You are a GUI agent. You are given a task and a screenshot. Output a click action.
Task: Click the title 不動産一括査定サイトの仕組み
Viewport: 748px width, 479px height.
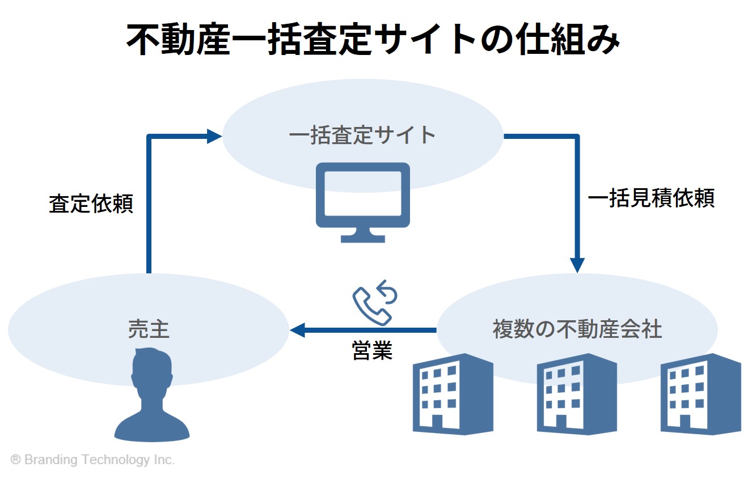tap(373, 39)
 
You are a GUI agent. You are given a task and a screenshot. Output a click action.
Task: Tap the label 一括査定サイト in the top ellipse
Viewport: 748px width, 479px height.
tap(362, 135)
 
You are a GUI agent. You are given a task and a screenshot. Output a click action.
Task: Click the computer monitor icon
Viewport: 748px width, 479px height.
tap(362, 202)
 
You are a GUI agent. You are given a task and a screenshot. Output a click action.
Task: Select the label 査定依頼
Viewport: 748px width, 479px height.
tap(91, 204)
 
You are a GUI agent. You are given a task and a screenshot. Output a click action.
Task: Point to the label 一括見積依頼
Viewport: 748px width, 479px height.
tap(651, 198)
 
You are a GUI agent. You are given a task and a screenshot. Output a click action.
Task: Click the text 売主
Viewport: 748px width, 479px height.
tap(149, 329)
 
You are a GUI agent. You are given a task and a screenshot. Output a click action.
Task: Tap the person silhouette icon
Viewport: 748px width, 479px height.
tap(152, 395)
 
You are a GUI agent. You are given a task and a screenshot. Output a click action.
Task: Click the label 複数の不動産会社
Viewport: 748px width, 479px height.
tap(577, 329)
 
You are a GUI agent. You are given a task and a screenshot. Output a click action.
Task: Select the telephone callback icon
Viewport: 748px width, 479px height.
tap(375, 303)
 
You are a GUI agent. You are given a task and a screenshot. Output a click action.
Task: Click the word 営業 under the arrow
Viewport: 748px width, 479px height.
tap(372, 351)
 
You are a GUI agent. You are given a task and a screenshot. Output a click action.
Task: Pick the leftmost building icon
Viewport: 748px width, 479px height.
tap(453, 394)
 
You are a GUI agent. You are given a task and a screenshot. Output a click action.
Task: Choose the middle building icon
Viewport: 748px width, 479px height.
tap(577, 394)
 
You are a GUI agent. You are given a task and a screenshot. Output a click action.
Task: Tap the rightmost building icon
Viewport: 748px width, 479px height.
tap(700, 394)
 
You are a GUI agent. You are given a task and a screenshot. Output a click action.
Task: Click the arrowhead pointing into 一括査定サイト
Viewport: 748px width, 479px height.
tap(214, 136)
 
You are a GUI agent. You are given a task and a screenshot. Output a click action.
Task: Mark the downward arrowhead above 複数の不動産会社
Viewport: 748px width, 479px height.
tap(577, 265)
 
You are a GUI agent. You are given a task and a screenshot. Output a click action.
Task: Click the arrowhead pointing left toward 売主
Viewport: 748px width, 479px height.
tap(297, 330)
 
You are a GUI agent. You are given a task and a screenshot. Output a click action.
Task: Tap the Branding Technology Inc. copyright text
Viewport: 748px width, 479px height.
tap(92, 460)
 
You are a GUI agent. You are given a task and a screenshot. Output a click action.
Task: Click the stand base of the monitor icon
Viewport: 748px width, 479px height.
tap(362, 239)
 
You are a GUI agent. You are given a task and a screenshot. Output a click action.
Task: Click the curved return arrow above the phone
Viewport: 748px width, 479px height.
tap(388, 291)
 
